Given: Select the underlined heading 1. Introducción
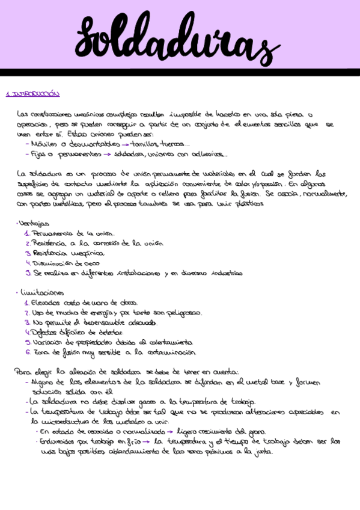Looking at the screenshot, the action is (x=32, y=94).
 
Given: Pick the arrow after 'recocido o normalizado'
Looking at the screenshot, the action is (x=171, y=431).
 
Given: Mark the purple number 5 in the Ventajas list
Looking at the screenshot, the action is (x=28, y=272).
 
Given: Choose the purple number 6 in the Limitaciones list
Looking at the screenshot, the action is (x=28, y=352).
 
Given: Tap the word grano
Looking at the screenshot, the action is (x=257, y=431).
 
